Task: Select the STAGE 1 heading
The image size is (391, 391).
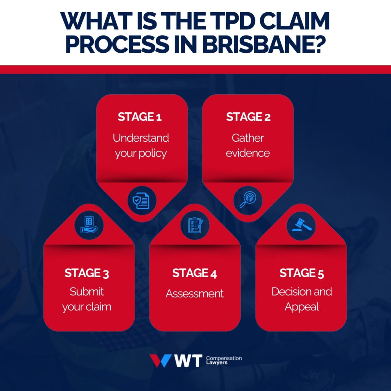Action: [140, 117]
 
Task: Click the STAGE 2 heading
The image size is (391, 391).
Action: [248, 117]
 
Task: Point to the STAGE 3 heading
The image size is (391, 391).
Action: [87, 273]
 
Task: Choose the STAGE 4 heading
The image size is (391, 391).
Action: [194, 273]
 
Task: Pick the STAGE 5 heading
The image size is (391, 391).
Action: [302, 273]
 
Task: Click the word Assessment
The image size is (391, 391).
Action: [194, 294]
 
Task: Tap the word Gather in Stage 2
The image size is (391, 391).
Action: [248, 137]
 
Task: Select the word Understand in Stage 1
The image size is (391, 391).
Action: [141, 137]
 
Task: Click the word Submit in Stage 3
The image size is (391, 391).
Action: [87, 292]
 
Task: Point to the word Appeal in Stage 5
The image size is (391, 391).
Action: [301, 307]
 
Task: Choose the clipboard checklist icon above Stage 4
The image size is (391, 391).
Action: [195, 225]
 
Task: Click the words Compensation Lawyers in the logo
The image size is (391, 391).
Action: [224, 361]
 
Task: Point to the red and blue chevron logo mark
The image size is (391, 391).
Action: [160, 361]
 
